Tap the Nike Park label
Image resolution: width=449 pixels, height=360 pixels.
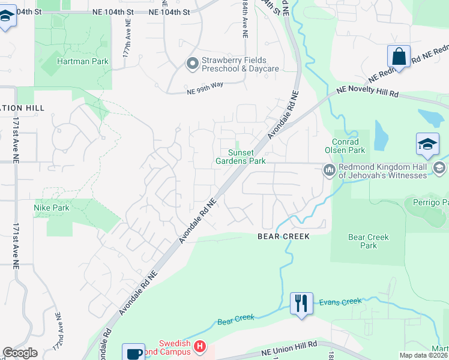pos(52,208)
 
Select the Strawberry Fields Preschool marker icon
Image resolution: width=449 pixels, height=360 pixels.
pos(193,64)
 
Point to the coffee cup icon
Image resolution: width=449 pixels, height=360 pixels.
pos(133,353)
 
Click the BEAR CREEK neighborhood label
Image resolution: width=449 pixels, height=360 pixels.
pos(283,236)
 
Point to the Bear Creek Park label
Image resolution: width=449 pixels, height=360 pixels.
pos(369,241)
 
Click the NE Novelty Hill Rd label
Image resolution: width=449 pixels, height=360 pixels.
pos(368,91)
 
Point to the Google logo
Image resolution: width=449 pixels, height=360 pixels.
pos(20,353)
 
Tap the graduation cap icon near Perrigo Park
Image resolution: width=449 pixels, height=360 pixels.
pos(427,144)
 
